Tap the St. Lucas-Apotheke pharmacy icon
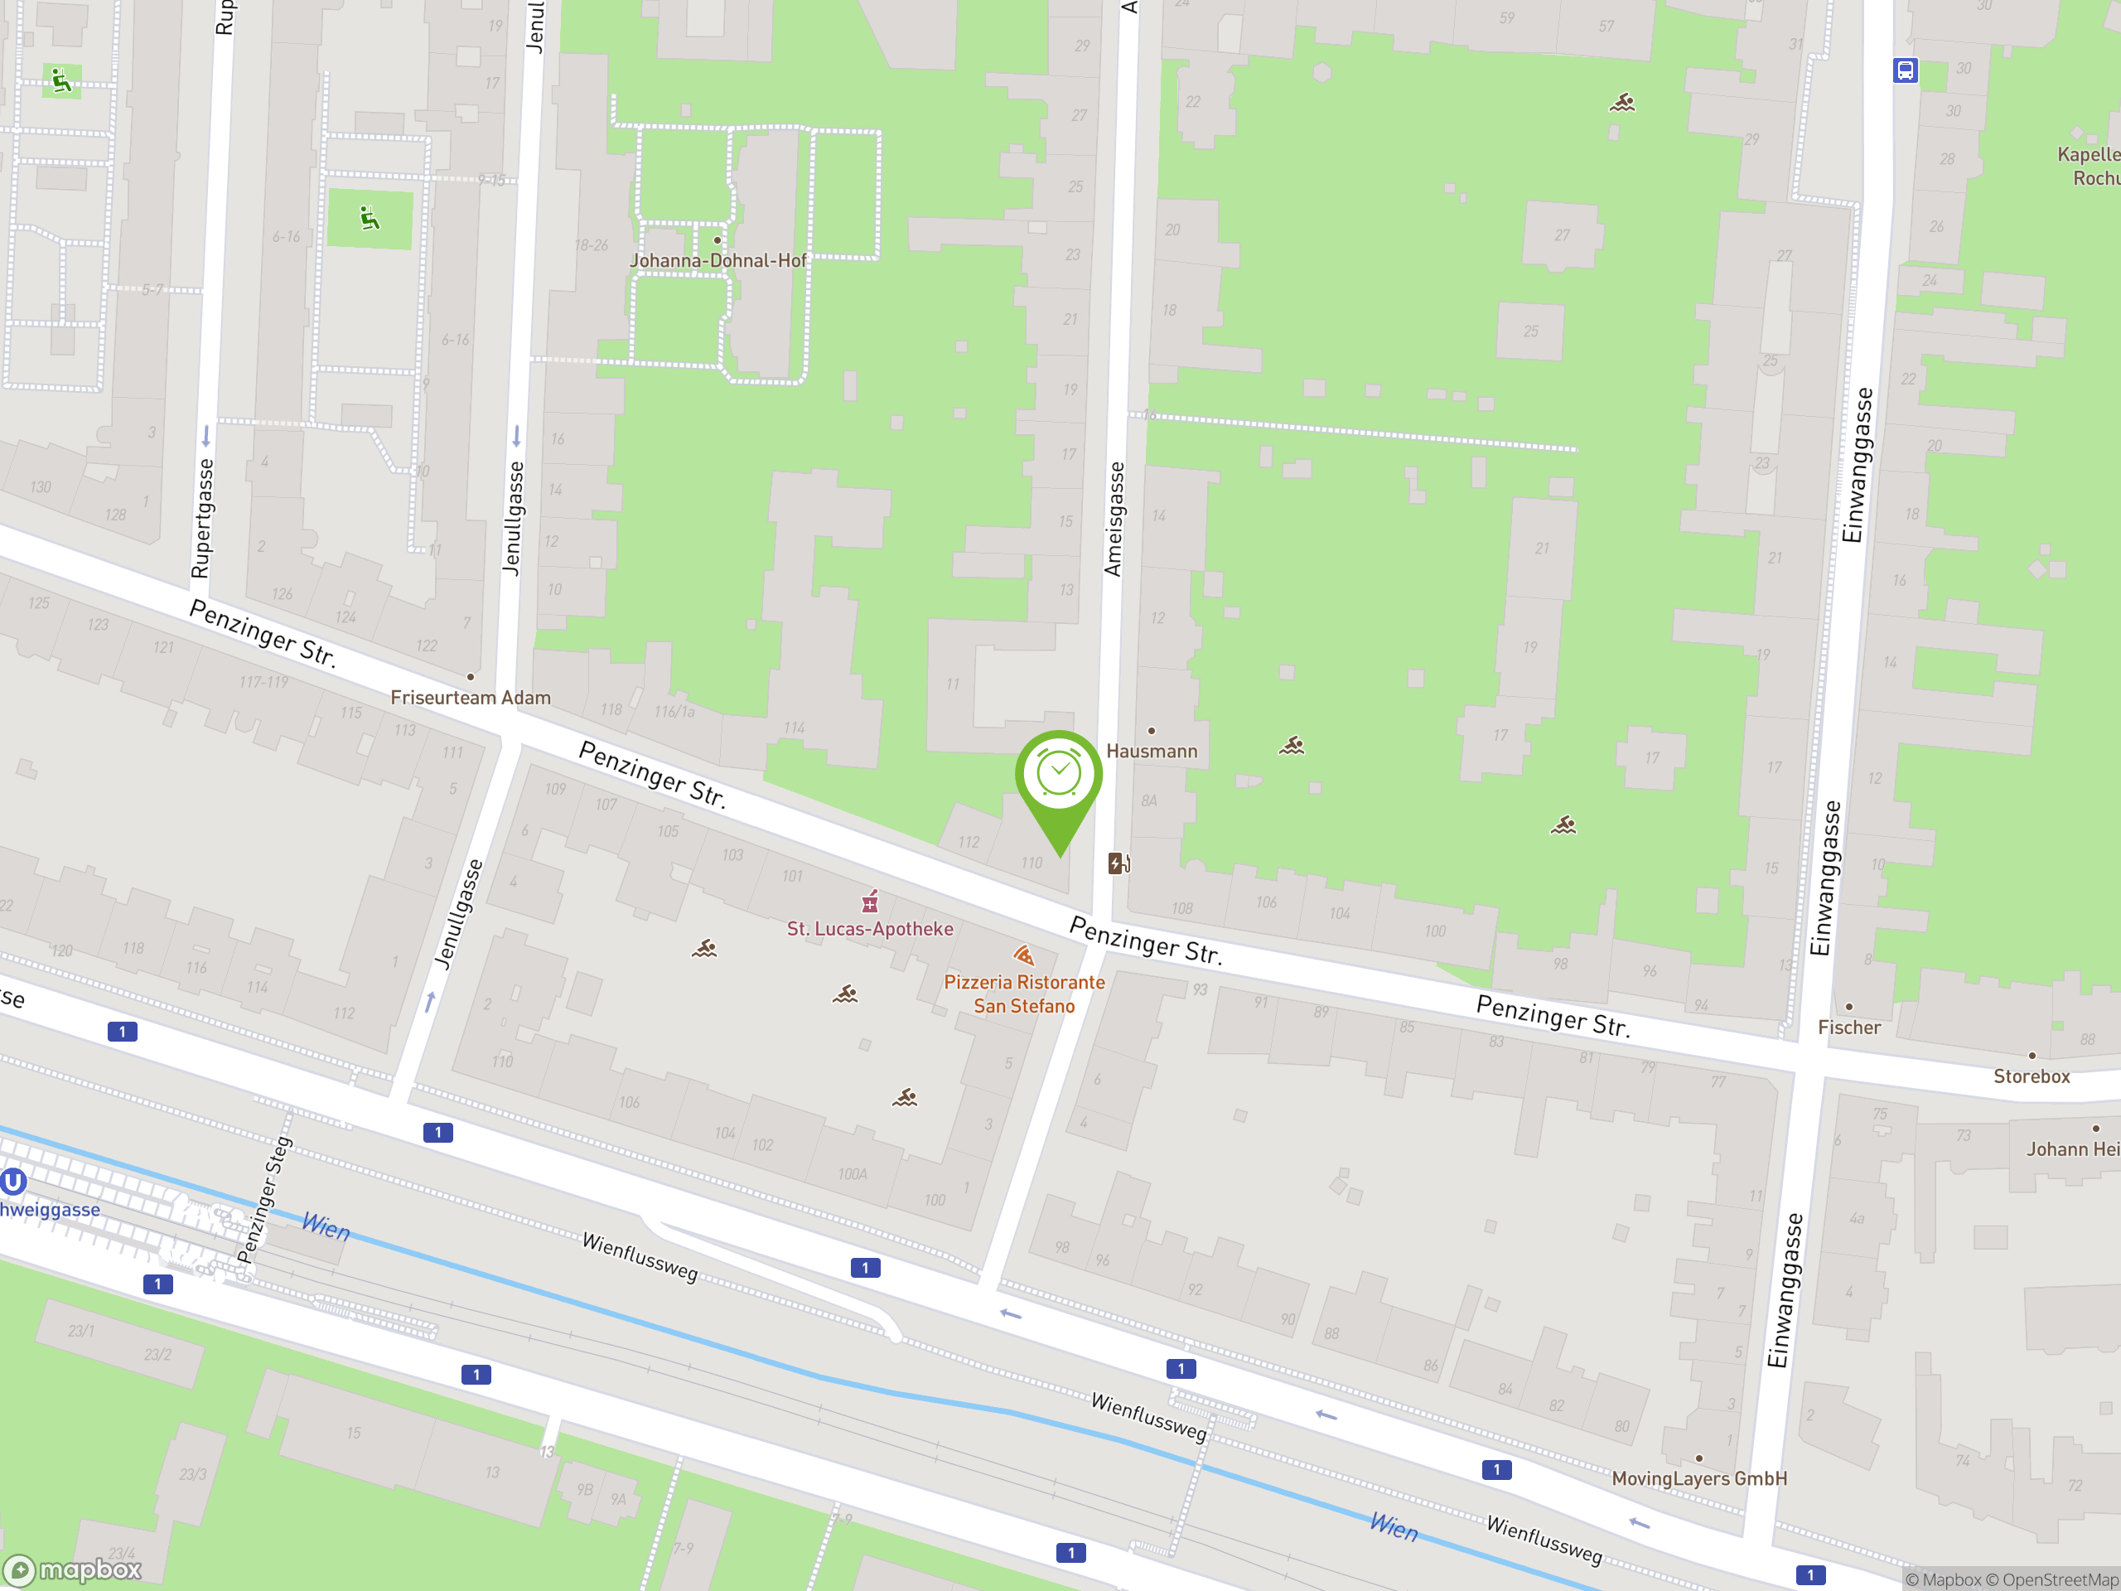(870, 902)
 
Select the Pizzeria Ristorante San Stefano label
(1024, 994)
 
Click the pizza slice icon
(1023, 955)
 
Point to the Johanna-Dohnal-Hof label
(718, 260)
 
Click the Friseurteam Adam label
(470, 697)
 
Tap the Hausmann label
(1152, 751)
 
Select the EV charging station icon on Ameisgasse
(1118, 864)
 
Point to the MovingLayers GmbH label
(1699, 1477)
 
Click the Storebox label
(2031, 1076)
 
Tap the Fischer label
(1848, 1027)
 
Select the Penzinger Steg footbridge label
(263, 1201)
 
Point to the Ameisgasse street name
(1114, 519)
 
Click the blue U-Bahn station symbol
(12, 1182)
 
